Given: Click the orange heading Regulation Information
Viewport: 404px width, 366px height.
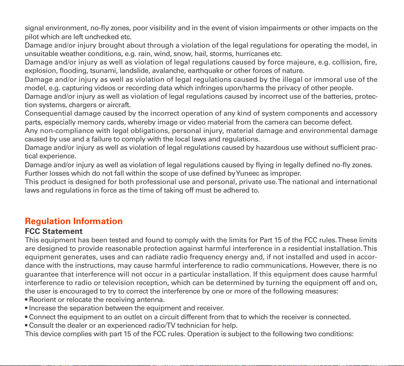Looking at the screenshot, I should click(73, 221).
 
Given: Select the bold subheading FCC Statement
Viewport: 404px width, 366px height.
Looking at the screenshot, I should click(53, 231).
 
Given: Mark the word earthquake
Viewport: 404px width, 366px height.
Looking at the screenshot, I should click(201, 71).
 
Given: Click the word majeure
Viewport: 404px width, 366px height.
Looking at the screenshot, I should click(287, 62).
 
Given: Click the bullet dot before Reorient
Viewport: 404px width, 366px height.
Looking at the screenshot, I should click(26, 300).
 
